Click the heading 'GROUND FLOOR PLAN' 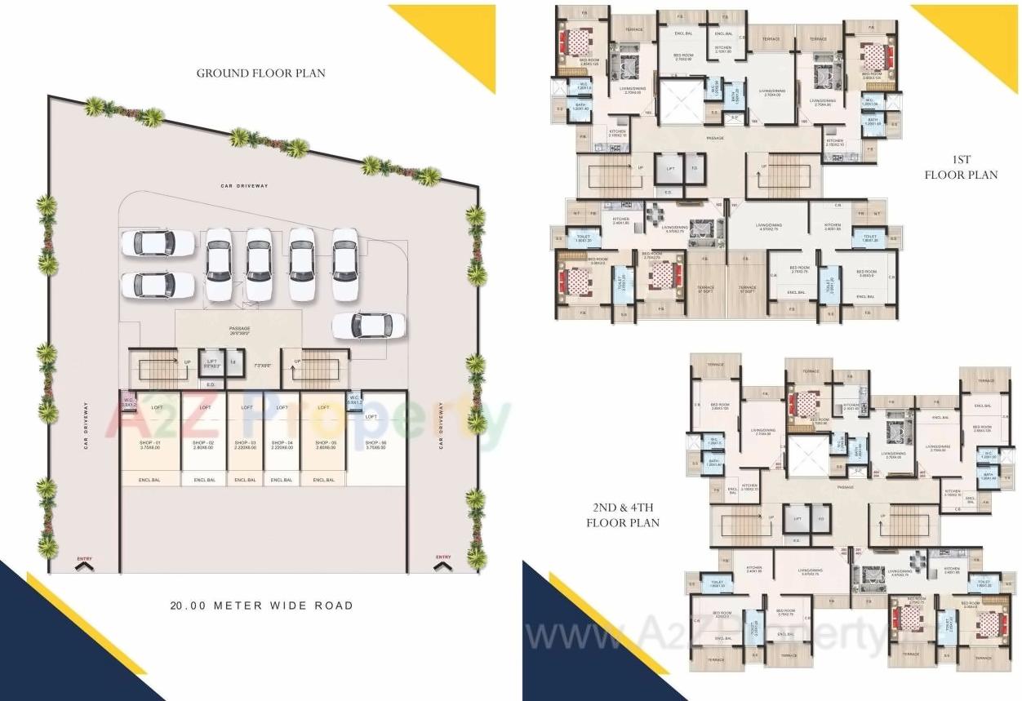pyautogui.click(x=260, y=73)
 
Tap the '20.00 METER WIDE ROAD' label pyautogui.click(x=261, y=606)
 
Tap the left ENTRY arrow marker pyautogui.click(x=84, y=561)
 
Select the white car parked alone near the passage pyautogui.click(x=368, y=325)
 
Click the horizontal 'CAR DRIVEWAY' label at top pyautogui.click(x=244, y=186)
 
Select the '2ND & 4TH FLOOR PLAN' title pyautogui.click(x=622, y=516)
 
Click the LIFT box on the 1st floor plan pyautogui.click(x=670, y=168)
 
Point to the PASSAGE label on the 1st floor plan pyautogui.click(x=715, y=138)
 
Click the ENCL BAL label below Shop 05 pyautogui.click(x=324, y=480)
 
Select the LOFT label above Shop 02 pyautogui.click(x=205, y=407)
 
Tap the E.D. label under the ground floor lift pyautogui.click(x=210, y=384)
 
